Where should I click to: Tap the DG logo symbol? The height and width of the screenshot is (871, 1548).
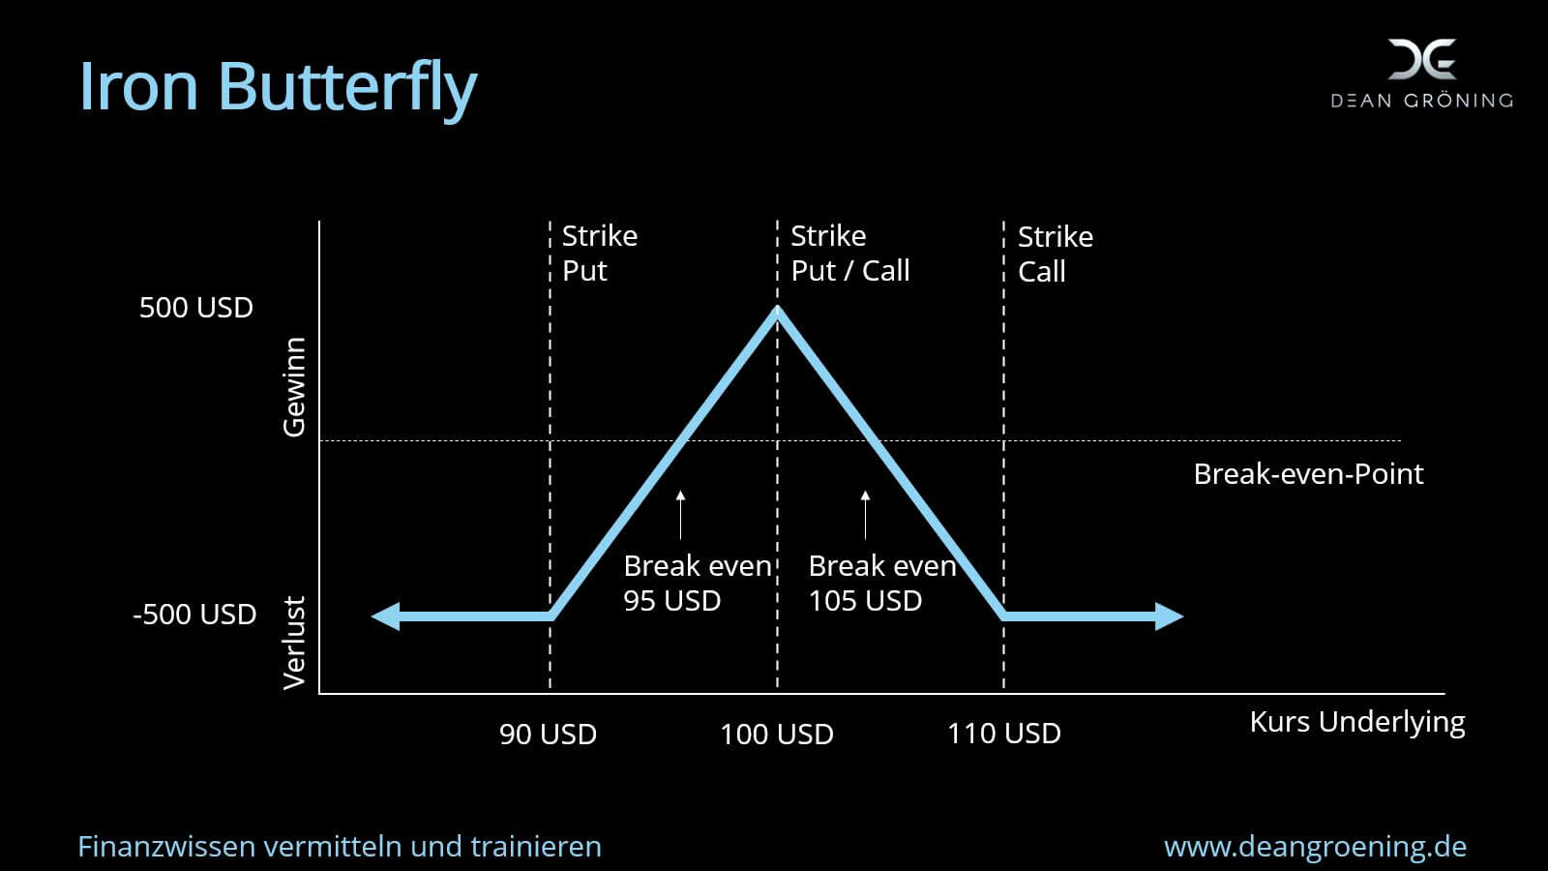coord(1422,59)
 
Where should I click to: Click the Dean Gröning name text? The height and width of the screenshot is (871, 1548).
coord(1422,101)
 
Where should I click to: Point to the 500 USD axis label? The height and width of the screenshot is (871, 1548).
coord(196,308)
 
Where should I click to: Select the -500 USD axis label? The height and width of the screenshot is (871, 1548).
coord(194,614)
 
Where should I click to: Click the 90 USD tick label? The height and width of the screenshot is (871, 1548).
coord(548,735)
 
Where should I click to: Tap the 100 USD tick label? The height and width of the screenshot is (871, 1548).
coord(777,735)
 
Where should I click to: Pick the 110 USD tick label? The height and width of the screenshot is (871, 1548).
coord(1003,734)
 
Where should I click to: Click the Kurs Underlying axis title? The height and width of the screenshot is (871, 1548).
coord(1357,722)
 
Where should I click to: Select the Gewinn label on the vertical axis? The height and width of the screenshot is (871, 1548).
coord(294,387)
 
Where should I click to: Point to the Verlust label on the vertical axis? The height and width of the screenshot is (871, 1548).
coord(294,643)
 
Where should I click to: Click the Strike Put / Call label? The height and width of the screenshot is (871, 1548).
coord(850,253)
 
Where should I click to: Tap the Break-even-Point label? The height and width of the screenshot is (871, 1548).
coord(1308,474)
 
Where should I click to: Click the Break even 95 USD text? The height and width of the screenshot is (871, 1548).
coord(698,583)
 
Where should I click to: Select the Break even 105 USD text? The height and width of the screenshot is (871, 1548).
coord(882,583)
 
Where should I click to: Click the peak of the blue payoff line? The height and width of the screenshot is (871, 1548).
coord(778,309)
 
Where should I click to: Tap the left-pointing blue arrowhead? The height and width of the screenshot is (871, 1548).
coord(386,616)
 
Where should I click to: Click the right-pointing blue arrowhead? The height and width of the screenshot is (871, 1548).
coord(1170,616)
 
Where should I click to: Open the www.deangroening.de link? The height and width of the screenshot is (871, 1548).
coord(1315,847)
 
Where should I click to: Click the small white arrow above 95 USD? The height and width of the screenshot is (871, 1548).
coord(681,514)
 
